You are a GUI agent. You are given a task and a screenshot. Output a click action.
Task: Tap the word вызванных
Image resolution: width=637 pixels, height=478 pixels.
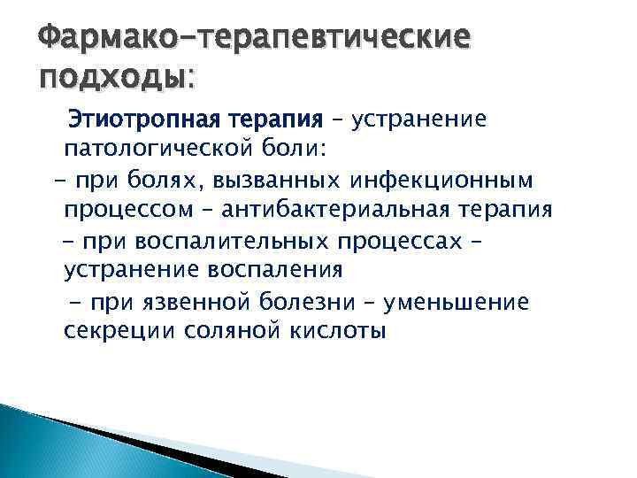[265, 181]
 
